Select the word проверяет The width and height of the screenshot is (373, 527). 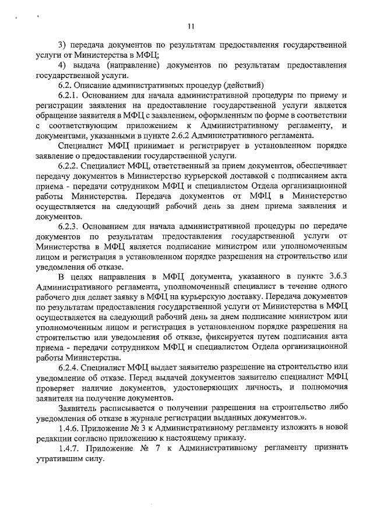tap(57, 387)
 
